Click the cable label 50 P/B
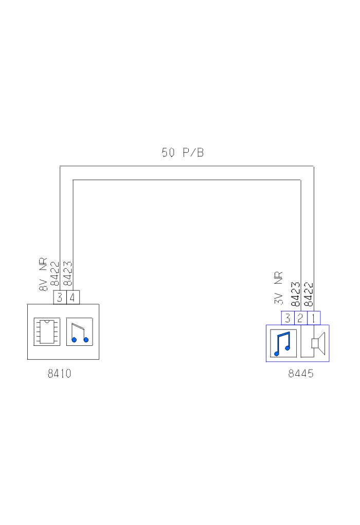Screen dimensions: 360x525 tap(183, 152)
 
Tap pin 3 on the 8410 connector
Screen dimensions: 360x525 tap(60, 297)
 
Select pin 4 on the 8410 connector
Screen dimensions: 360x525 tap(73, 297)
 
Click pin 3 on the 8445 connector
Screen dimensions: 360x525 tap(287, 318)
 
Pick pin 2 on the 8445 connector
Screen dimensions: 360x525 tap(301, 318)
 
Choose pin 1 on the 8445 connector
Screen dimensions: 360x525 tap(314, 318)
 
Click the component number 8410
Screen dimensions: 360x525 tap(60, 373)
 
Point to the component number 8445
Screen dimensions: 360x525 tap(301, 373)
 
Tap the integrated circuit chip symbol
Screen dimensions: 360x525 tap(47, 332)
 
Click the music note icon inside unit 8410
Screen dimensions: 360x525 tap(80, 332)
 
